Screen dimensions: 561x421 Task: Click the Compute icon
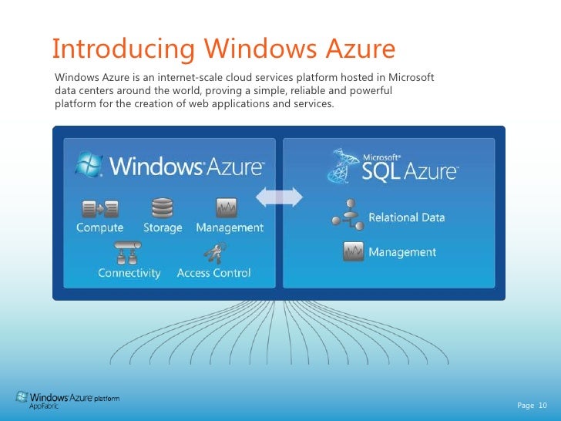tap(100, 207)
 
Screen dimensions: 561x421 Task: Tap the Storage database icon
tap(163, 208)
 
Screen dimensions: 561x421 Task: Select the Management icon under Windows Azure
tap(227, 207)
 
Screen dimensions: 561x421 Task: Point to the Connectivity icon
tap(128, 252)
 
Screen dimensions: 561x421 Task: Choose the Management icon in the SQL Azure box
tap(354, 251)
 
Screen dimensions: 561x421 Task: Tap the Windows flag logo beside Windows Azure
tap(89, 164)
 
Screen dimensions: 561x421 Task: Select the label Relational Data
tap(406, 217)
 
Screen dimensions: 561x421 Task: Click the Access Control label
tap(213, 273)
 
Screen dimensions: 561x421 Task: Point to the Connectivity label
tap(129, 273)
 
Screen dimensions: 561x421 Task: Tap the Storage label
tap(163, 228)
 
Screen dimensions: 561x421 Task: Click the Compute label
tap(99, 228)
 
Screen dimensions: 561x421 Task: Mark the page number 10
tap(542, 406)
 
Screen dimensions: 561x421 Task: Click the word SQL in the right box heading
tap(381, 170)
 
